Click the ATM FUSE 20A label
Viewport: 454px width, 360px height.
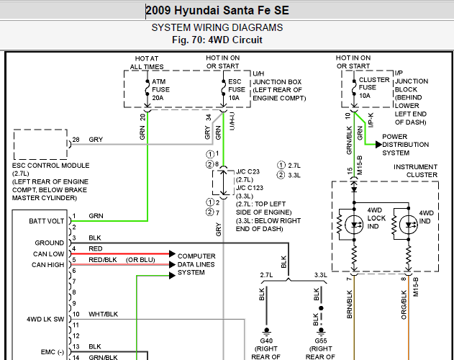(x=160, y=89)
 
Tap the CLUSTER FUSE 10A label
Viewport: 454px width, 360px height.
(x=374, y=88)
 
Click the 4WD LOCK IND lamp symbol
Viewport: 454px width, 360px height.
(x=354, y=225)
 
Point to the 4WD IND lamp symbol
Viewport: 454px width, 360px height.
(x=408, y=225)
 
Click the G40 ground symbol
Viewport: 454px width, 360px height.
(x=266, y=330)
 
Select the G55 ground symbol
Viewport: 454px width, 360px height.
(x=321, y=330)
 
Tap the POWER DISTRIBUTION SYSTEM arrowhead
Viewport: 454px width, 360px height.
(x=378, y=144)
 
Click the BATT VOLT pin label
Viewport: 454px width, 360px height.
(x=46, y=221)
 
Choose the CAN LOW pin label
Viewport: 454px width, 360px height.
(x=48, y=254)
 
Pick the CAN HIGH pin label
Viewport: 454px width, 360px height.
(x=47, y=265)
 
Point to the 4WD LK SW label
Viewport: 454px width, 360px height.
(x=45, y=319)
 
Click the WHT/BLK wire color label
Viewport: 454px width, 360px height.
(x=104, y=314)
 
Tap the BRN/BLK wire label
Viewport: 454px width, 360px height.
(x=350, y=304)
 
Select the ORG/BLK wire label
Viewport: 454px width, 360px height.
(x=404, y=305)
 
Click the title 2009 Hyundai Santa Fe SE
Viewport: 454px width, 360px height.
(x=217, y=10)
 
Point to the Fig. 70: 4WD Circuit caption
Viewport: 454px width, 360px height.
(x=217, y=40)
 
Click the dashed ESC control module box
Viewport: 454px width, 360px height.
(x=40, y=130)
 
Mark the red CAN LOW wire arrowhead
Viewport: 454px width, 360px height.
(x=172, y=254)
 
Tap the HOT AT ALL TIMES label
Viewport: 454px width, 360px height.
(x=147, y=63)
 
